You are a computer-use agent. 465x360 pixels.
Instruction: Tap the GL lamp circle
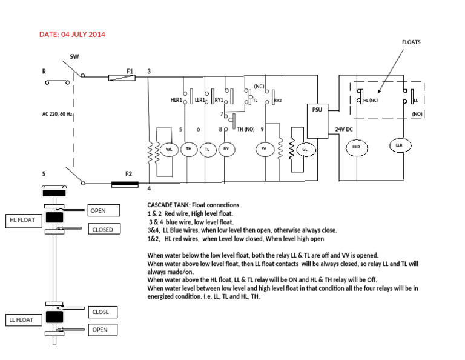pos(305,148)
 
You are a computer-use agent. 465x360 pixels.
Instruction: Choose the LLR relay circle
pos(398,145)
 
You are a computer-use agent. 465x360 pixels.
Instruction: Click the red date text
pos(72,34)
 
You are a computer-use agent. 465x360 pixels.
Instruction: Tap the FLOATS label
pos(411,42)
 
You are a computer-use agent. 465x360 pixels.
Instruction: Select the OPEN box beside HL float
pos(104,211)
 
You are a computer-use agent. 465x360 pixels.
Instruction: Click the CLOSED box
pos(104,230)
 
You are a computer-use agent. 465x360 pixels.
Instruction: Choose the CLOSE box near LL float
pos(102,312)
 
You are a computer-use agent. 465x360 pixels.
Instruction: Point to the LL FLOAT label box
pos(23,319)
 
